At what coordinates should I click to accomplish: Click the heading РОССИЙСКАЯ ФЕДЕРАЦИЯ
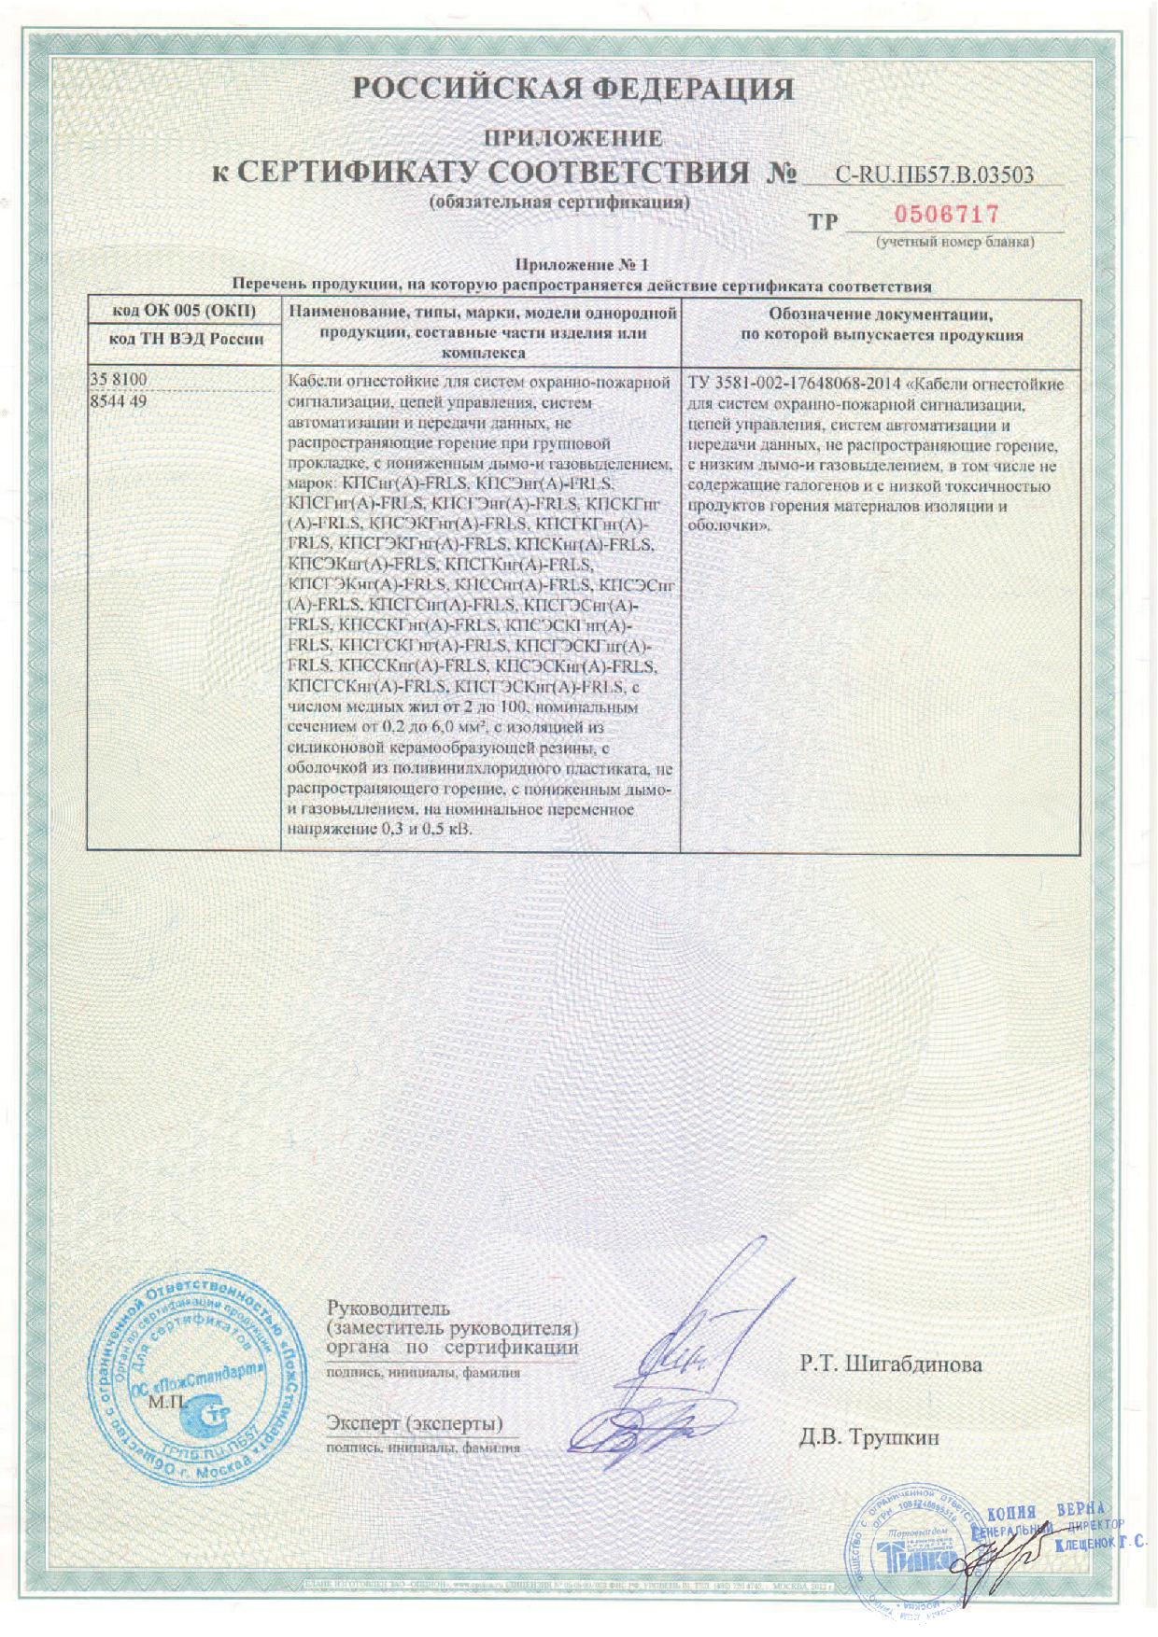(x=573, y=90)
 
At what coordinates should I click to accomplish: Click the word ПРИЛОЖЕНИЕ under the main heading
(x=572, y=139)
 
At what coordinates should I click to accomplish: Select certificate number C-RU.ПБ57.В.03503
(x=935, y=174)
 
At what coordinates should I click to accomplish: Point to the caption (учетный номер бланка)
(x=953, y=243)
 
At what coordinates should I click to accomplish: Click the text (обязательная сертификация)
(x=559, y=203)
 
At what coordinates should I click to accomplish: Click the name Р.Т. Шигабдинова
(x=890, y=1364)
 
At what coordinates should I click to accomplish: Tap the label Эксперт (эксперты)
(x=415, y=1423)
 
